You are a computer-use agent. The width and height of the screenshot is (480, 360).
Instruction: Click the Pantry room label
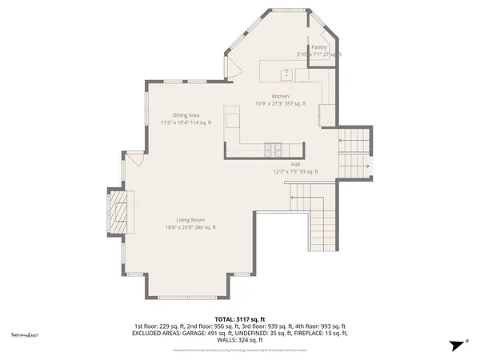point(318,48)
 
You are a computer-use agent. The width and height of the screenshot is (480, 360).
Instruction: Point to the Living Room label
point(191,219)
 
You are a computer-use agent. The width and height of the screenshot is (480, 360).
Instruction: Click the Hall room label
point(295,163)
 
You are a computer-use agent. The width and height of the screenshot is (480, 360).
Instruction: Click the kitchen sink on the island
point(285,76)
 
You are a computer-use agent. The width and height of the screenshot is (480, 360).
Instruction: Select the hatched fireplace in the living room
point(118,211)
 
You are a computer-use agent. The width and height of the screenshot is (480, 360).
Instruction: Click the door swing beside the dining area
point(137,158)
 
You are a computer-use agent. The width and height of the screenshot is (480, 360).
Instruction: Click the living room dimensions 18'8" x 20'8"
point(190,227)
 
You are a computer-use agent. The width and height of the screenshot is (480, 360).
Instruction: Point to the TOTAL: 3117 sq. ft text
point(238,318)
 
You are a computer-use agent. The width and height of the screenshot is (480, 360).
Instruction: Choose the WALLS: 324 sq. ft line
point(238,339)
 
